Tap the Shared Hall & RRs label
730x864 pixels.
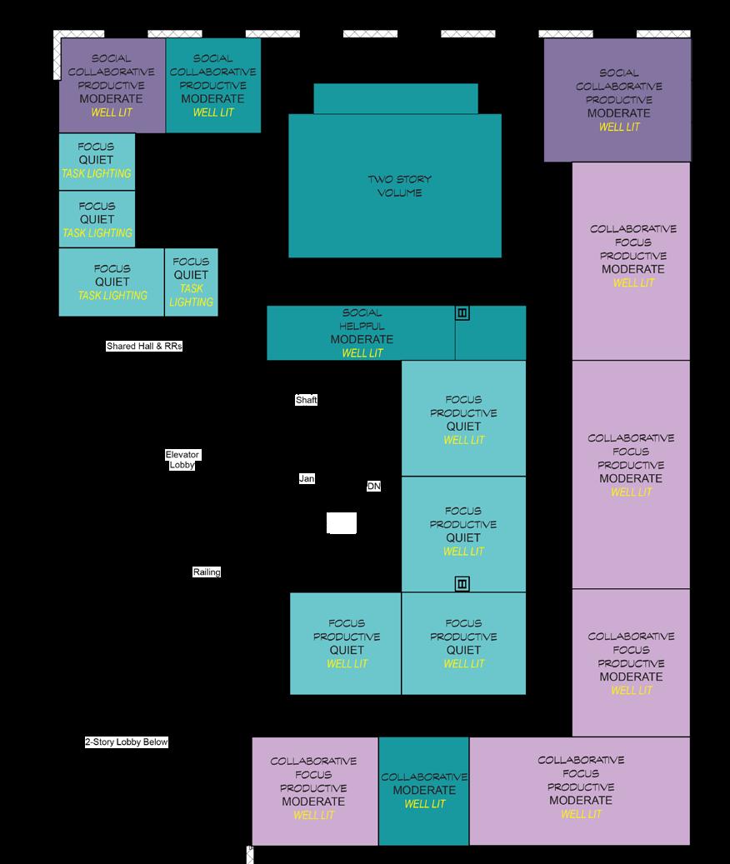144,346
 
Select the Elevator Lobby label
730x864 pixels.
182,460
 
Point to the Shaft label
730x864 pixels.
306,400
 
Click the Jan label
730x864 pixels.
307,479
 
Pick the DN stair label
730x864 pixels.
373,486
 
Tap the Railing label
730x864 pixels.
207,572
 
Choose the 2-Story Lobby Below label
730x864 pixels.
127,742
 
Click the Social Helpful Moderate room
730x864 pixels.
361,333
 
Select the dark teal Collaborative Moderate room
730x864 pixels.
424,791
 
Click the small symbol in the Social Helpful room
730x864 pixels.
462,313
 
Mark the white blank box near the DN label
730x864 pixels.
342,523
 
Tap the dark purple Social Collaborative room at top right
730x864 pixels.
617,100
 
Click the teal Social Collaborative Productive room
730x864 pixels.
213,85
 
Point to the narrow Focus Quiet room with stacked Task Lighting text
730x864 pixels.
191,282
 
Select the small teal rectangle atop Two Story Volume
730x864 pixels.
396,98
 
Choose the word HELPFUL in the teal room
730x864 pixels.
362,326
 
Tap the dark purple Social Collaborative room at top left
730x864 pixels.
112,85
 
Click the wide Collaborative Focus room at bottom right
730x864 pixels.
580,791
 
